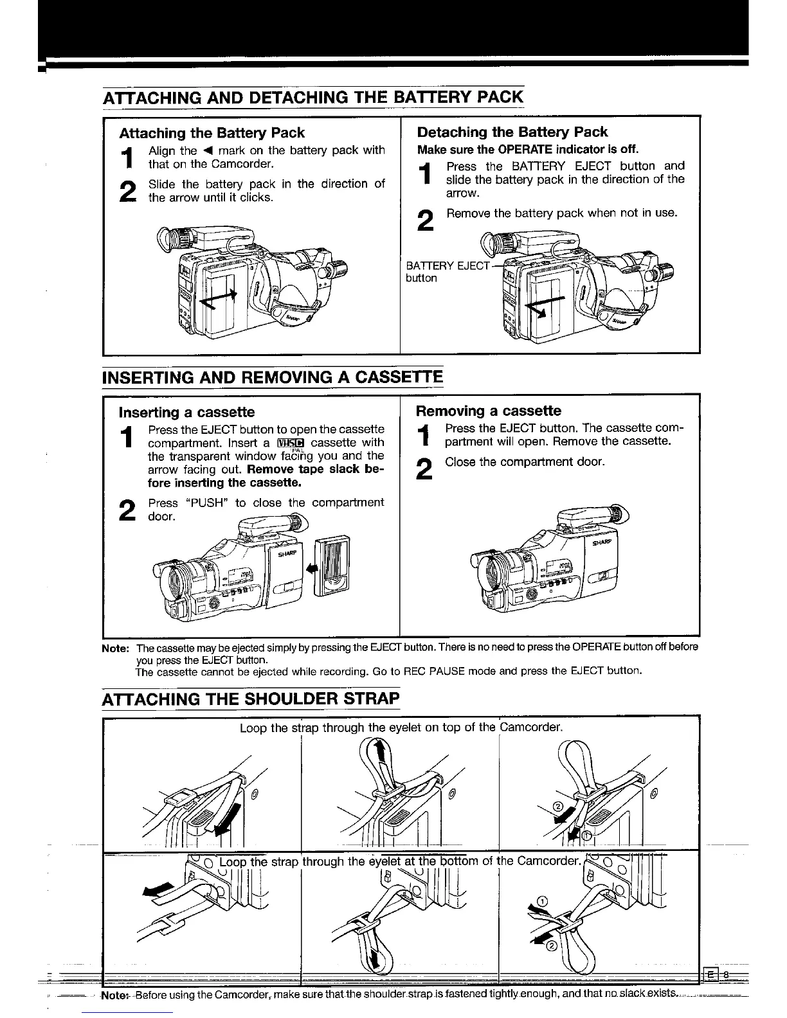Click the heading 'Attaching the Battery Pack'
point(212,133)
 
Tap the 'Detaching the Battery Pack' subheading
point(512,132)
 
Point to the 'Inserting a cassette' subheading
point(186,412)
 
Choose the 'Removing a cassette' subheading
point(488,411)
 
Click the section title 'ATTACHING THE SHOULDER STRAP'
point(251,697)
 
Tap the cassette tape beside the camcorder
point(332,563)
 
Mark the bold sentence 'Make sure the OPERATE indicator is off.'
point(527,149)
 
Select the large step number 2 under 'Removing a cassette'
point(424,470)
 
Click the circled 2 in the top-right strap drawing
point(557,807)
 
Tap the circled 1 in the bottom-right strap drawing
point(541,901)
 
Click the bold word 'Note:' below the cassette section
point(116,647)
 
